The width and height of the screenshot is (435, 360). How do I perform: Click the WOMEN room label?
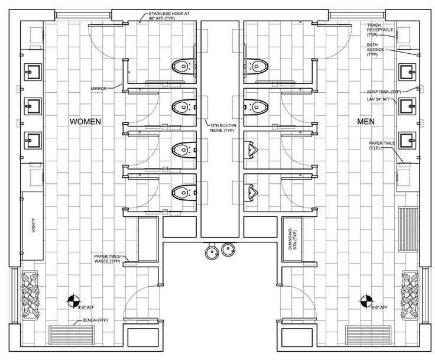(85, 121)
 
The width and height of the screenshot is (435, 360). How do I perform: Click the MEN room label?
(366, 121)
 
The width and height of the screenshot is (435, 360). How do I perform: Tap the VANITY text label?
(34, 225)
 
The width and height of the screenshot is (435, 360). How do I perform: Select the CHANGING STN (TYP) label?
(292, 239)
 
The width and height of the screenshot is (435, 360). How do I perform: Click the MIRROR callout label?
(99, 89)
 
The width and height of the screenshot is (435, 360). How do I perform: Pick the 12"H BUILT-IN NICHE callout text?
(223, 128)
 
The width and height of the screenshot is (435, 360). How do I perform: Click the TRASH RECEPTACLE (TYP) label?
(380, 30)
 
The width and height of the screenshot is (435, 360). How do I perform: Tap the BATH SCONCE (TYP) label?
(375, 50)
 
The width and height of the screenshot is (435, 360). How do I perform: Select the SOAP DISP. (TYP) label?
(384, 92)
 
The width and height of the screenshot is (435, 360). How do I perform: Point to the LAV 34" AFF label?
(379, 99)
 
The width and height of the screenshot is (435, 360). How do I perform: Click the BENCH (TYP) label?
(95, 320)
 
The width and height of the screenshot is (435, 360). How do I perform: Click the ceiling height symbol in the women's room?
(73, 301)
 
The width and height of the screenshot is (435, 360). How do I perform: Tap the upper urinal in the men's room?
(251, 150)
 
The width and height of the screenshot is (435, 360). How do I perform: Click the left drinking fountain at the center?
(212, 251)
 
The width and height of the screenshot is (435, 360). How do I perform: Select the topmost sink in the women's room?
(33, 72)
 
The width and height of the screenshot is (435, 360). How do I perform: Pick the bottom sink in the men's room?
(408, 141)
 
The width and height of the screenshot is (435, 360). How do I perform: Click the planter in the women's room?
(30, 294)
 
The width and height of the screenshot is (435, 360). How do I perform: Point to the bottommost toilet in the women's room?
(184, 192)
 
